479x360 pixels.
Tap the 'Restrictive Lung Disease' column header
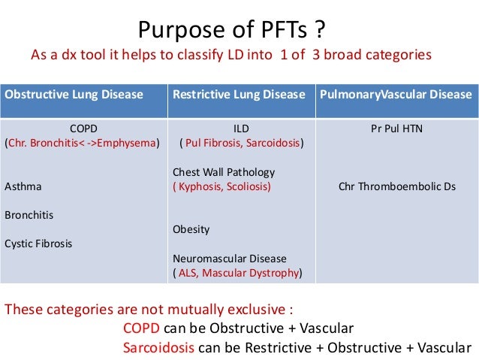coord(239,95)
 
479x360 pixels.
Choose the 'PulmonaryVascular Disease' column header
coord(396,95)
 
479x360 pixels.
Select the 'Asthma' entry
coord(23,186)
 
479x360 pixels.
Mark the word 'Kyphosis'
coord(199,186)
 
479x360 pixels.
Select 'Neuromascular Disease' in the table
coord(224,258)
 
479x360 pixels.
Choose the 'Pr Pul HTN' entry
coord(396,129)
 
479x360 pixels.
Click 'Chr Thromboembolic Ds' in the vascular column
coord(397,186)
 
